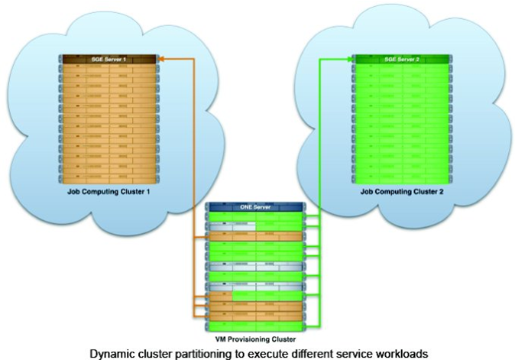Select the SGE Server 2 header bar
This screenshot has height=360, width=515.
coord(400,58)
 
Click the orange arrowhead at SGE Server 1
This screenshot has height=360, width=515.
coord(162,58)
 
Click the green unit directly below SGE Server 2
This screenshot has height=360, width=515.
coord(400,67)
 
